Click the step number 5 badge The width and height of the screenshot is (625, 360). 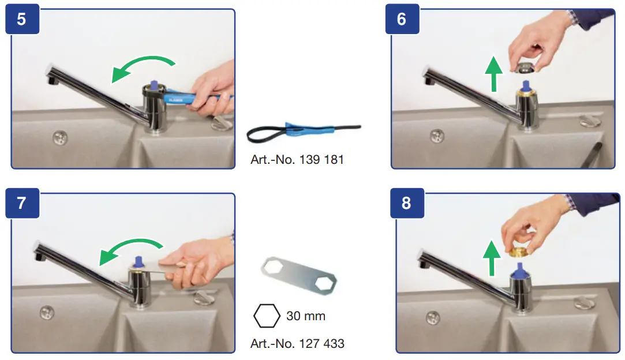(x=21, y=19)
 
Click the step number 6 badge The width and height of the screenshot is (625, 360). (x=402, y=19)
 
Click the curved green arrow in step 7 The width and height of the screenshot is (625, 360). (x=130, y=249)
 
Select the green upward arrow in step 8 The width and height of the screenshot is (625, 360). (x=491, y=257)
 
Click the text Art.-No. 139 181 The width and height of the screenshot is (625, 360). (x=297, y=159)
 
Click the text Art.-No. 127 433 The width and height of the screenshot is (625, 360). (x=297, y=344)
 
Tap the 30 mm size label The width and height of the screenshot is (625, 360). (x=305, y=316)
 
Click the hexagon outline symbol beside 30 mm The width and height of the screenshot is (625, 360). (x=266, y=316)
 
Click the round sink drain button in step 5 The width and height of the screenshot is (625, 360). (x=59, y=137)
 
